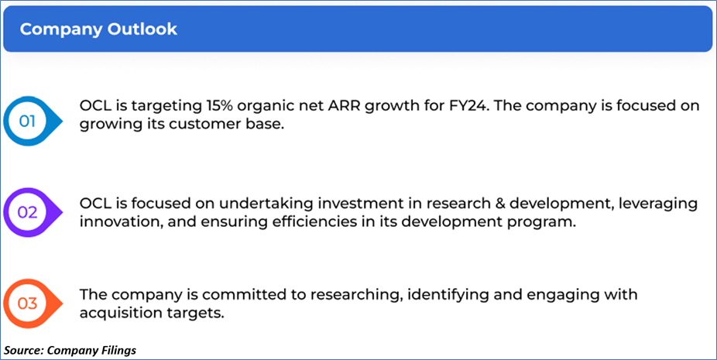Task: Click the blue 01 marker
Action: pyautogui.click(x=32, y=122)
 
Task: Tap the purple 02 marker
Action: pyautogui.click(x=32, y=212)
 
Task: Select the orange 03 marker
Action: pyautogui.click(x=32, y=303)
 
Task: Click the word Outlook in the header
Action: pyautogui.click(x=142, y=29)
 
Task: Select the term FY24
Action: pyautogui.click(x=470, y=105)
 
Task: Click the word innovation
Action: pyautogui.click(x=120, y=222)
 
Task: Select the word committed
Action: pyautogui.click(x=239, y=295)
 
